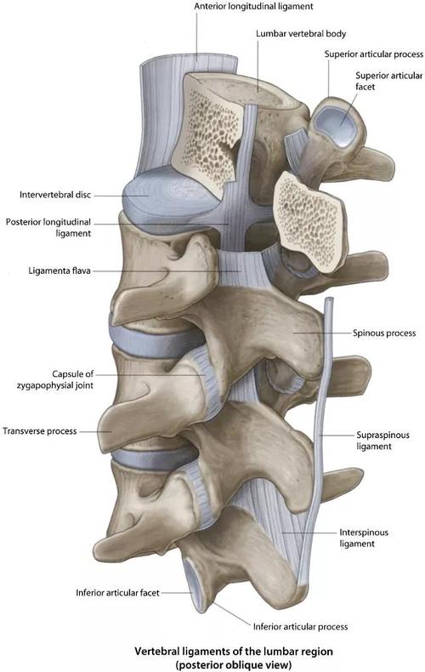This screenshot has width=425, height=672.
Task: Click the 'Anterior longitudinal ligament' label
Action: coord(253,7)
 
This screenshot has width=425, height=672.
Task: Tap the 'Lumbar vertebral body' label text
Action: coord(301,33)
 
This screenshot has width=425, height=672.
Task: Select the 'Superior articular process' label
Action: coord(374,54)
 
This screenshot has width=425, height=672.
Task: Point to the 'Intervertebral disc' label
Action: coord(55,195)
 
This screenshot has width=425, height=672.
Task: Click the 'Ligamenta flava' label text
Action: coord(59,271)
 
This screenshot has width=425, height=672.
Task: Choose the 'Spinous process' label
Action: coord(384,333)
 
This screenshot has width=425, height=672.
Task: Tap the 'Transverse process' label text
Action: coord(40,431)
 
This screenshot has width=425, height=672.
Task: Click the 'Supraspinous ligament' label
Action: coord(382,441)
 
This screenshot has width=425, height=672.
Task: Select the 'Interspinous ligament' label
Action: coord(364,538)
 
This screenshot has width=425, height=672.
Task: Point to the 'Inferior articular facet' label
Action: coord(117,593)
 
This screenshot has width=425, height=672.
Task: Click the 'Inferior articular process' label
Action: coord(300,627)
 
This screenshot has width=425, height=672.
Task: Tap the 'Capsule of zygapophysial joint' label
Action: coord(55,379)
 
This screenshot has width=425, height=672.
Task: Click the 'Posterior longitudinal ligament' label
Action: coord(48,228)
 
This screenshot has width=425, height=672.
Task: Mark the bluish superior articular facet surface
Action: coord(335,123)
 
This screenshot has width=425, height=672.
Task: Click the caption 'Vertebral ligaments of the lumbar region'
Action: coord(234,652)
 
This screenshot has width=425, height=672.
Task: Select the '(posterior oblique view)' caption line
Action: coord(234,664)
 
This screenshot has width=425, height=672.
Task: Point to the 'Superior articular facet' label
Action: coord(389,81)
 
